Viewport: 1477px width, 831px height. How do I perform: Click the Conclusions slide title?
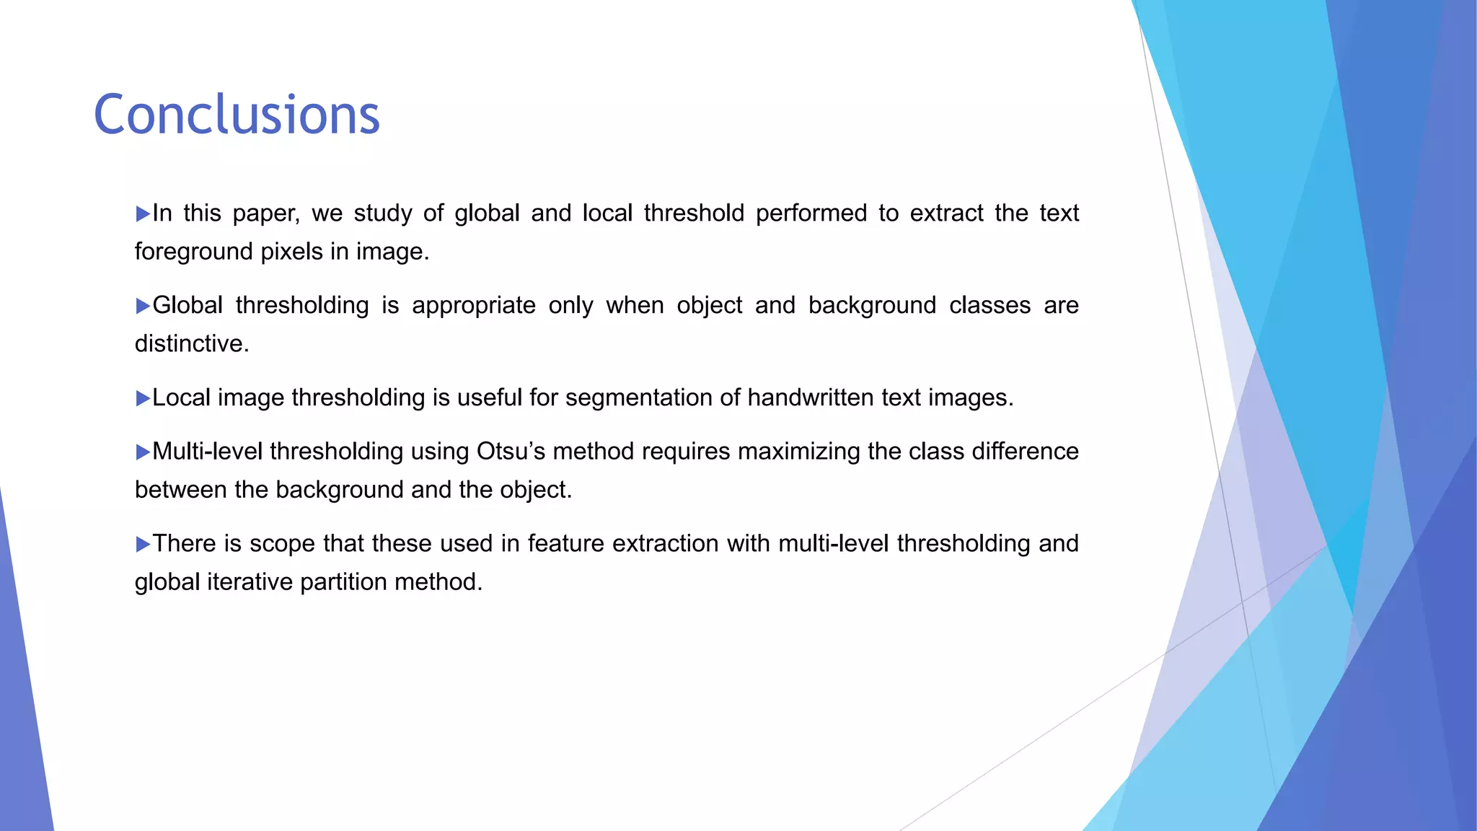click(x=237, y=115)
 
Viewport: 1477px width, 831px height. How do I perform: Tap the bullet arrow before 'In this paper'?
click(x=143, y=214)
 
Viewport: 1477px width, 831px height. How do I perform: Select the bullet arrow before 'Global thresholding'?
click(x=143, y=307)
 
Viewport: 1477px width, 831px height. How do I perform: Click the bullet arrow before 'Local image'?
click(x=143, y=399)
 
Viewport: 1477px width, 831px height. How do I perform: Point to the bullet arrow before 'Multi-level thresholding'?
click(x=143, y=452)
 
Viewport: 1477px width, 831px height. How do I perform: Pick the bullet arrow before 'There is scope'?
click(x=143, y=545)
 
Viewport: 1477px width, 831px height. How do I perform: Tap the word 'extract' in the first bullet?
click(x=946, y=214)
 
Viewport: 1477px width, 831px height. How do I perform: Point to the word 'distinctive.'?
click(x=192, y=343)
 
